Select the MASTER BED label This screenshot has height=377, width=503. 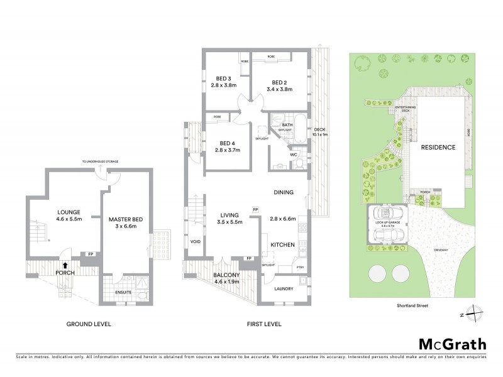126,219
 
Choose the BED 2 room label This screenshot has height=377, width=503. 280,82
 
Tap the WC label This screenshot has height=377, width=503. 294,154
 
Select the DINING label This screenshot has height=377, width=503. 285,193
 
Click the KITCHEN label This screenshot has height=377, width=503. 283,244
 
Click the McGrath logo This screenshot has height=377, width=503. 454,344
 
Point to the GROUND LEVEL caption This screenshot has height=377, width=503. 89,324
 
